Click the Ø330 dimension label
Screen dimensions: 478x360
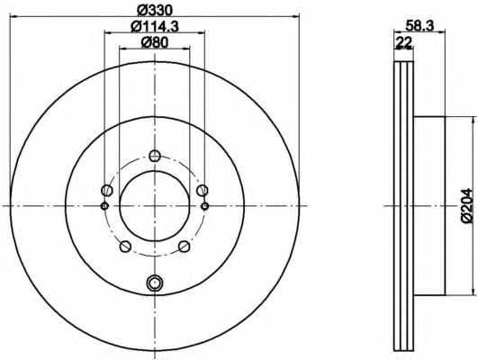(x=155, y=11)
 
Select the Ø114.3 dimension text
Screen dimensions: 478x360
(x=155, y=27)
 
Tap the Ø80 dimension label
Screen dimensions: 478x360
(x=155, y=42)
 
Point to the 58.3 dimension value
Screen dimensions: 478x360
(x=419, y=26)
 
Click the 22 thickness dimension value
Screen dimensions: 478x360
(x=403, y=42)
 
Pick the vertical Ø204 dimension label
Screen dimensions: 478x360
(x=466, y=206)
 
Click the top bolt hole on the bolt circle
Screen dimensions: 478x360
(x=155, y=156)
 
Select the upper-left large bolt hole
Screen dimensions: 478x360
(x=107, y=191)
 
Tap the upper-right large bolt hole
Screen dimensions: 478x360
(x=203, y=191)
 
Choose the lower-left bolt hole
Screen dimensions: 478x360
(x=125, y=247)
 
